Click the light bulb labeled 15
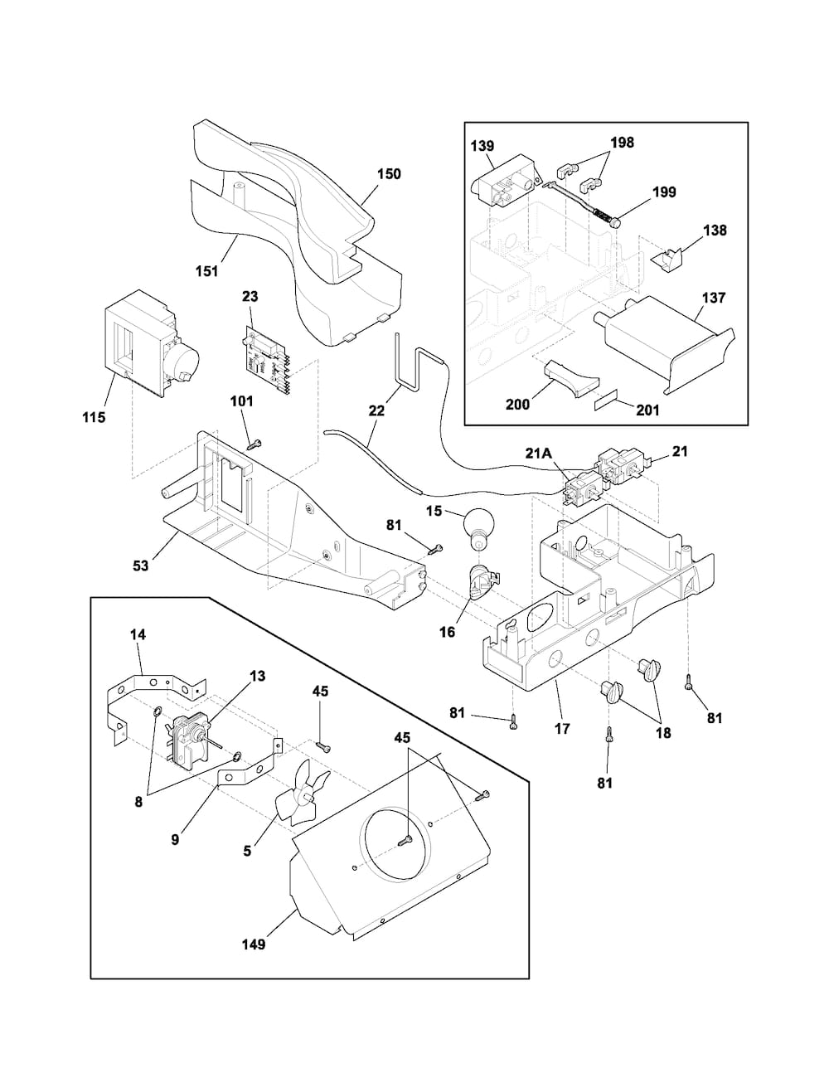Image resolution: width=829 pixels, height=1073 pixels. (478, 531)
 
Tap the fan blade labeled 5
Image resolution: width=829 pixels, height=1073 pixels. (300, 794)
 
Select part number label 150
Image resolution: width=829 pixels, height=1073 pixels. (390, 174)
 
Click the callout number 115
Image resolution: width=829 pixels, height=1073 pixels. (93, 418)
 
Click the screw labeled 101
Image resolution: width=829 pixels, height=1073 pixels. (255, 444)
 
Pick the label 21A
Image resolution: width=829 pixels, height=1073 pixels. (539, 453)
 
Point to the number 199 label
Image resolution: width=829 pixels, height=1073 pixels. (664, 192)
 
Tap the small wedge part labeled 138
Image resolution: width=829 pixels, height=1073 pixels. (667, 260)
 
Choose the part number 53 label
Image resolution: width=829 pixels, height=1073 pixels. (141, 566)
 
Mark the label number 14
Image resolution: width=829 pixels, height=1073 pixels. (138, 634)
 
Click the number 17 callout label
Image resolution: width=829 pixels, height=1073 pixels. (562, 728)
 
